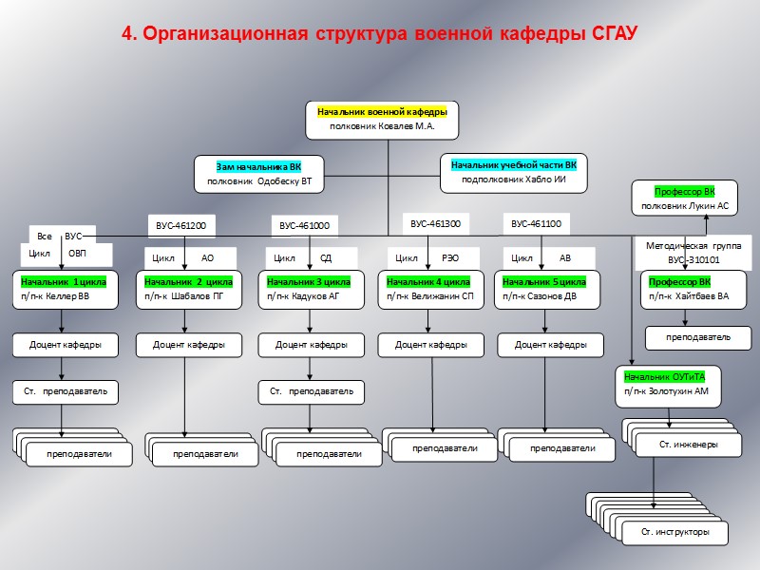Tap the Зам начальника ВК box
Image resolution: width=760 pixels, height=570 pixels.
coord(259,174)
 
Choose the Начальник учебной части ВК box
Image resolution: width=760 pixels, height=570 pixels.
coord(513,171)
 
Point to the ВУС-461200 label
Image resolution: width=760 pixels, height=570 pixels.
coord(180,225)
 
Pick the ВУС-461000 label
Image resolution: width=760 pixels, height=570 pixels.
coord(304,226)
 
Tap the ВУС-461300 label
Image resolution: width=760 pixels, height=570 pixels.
coord(435,224)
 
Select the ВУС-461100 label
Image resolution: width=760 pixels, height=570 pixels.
coord(536,224)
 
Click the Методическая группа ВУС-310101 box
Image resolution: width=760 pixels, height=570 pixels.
coord(693,252)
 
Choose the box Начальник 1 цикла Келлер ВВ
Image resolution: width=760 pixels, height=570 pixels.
coord(65,289)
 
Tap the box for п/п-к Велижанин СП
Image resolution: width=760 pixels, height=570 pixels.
coord(431,289)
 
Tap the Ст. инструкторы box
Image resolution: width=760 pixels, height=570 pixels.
coord(675,532)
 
